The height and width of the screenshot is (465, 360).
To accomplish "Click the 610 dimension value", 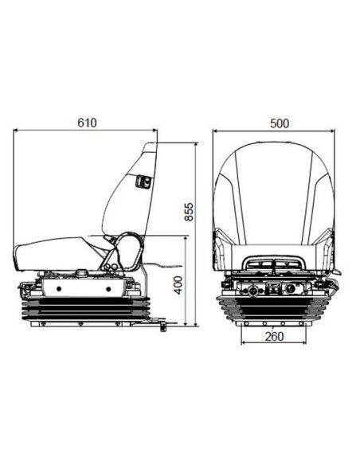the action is pos(87,122).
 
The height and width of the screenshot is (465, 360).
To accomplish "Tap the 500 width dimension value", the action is pos(280,123).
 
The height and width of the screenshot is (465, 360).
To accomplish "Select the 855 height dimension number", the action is pos(189,212).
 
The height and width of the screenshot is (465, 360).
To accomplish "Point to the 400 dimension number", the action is pos(178,285).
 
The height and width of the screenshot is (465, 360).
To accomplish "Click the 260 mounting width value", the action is pos(274,336).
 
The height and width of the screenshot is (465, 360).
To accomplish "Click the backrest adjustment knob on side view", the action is pos(143,182).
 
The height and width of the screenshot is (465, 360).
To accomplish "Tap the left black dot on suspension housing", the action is pos(59,288).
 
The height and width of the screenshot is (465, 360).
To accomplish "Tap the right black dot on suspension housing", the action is pos(108,289).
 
